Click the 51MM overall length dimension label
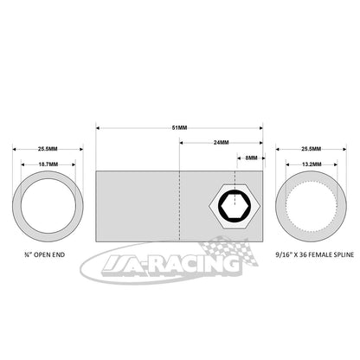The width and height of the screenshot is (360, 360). coord(179,128)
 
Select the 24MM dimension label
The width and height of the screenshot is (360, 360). coord(222,143)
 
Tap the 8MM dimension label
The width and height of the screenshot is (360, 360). coord(251,157)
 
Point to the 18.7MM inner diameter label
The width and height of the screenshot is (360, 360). coord(48,164)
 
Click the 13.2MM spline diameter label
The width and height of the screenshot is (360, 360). coord(312,164)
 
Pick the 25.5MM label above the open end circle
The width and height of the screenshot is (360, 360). coord(48,149)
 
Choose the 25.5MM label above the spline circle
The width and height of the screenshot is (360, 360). coord(312,149)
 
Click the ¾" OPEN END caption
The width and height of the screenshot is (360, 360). coord(45,254)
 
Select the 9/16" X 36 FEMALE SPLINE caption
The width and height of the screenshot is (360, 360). coord(315,254)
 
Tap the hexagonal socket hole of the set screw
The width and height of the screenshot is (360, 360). coord(235,206)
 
